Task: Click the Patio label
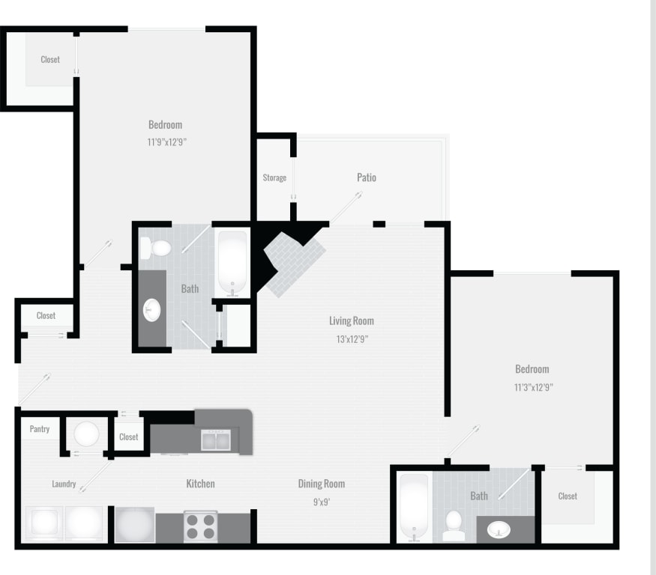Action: [x=366, y=177]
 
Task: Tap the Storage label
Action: [x=274, y=177]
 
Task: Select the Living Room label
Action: [x=351, y=321]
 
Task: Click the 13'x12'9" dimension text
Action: [x=351, y=338]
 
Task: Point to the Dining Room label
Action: [x=322, y=484]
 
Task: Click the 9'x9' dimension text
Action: [x=322, y=502]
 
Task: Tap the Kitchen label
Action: [x=200, y=484]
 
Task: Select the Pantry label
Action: [x=40, y=429]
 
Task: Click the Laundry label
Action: [x=64, y=484]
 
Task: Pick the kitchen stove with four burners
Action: [x=200, y=526]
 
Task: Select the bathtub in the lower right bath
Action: [x=414, y=507]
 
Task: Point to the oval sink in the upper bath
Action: [x=152, y=308]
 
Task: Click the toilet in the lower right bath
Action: [x=453, y=523]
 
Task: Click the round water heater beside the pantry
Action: [x=86, y=433]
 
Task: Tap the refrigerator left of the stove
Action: [x=135, y=525]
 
